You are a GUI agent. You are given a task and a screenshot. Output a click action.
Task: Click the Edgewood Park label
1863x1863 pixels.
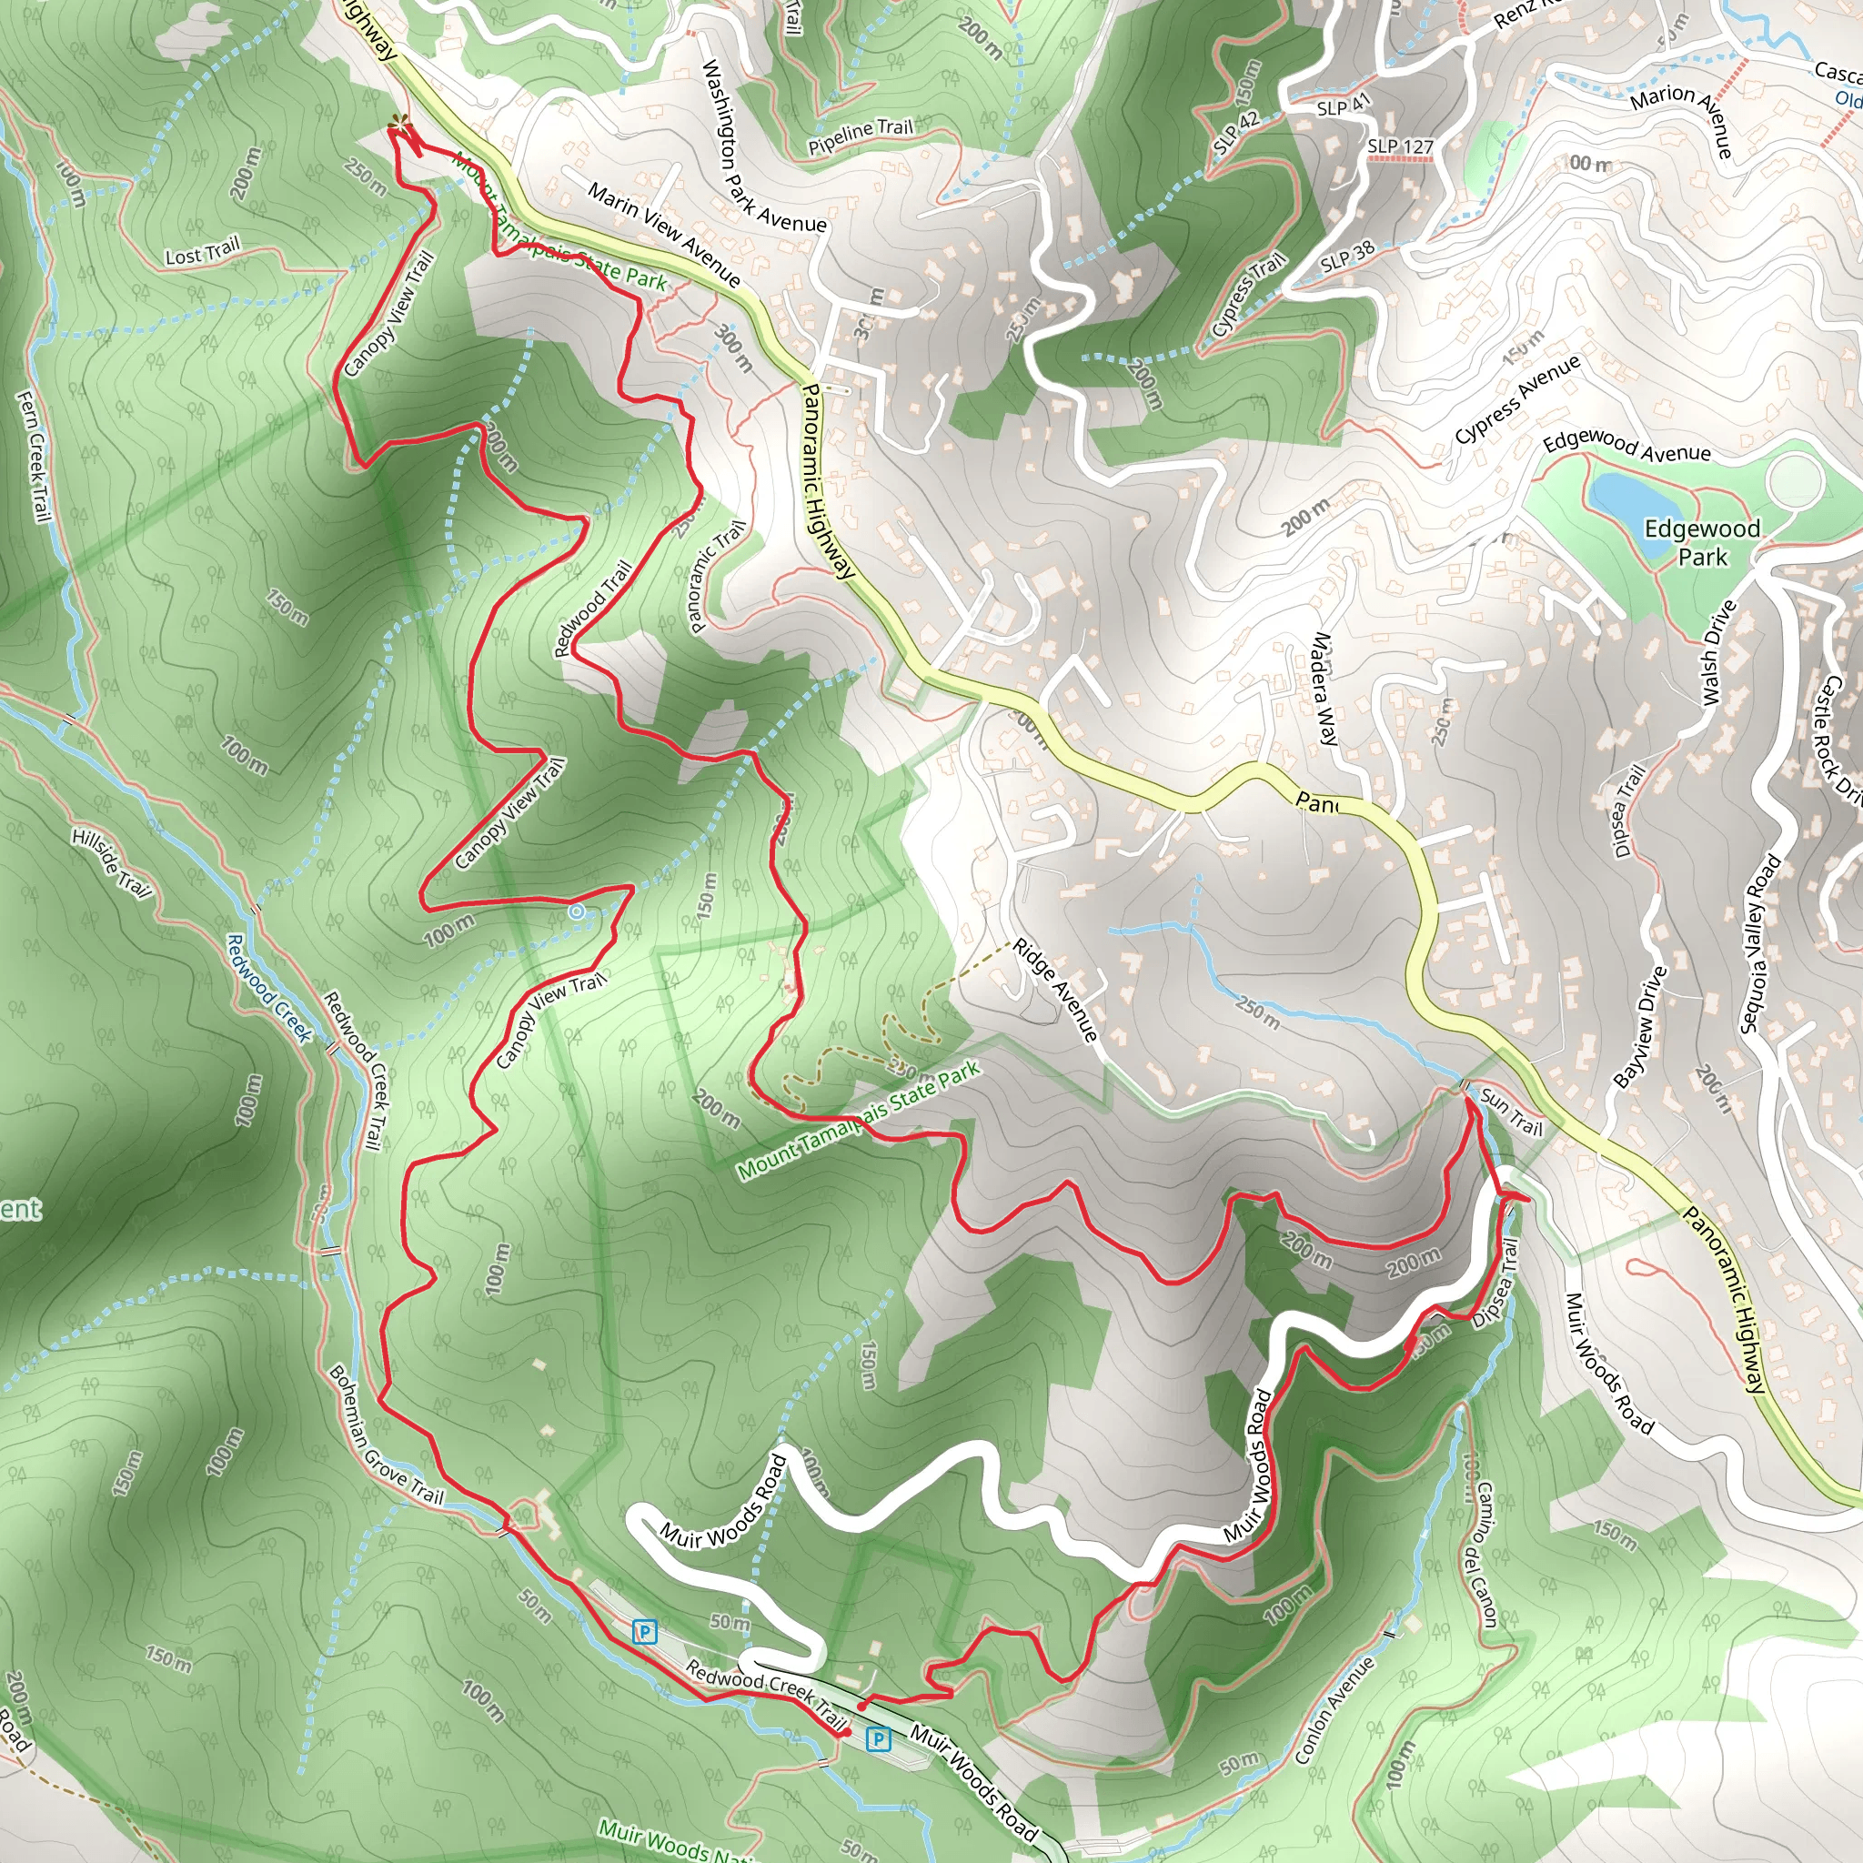click(1702, 542)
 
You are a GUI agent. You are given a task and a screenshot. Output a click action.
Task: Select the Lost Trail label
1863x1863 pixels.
click(202, 253)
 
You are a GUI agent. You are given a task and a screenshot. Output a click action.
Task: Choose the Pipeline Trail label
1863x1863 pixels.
click(861, 136)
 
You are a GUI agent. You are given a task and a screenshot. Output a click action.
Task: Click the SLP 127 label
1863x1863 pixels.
click(1400, 146)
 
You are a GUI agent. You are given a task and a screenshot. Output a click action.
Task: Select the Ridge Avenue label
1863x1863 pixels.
click(1056, 991)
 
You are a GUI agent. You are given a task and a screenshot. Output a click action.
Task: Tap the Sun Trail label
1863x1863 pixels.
click(1511, 1111)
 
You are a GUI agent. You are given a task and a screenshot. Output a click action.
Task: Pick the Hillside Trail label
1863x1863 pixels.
click(112, 863)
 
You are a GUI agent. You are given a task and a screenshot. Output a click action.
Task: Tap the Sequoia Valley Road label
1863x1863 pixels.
click(1760, 944)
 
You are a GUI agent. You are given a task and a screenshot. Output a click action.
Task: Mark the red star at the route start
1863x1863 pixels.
click(398, 126)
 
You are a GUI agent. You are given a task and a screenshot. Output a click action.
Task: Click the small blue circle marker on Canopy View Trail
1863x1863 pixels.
click(576, 911)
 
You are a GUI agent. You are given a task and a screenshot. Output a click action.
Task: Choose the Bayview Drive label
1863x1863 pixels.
click(1639, 1028)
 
